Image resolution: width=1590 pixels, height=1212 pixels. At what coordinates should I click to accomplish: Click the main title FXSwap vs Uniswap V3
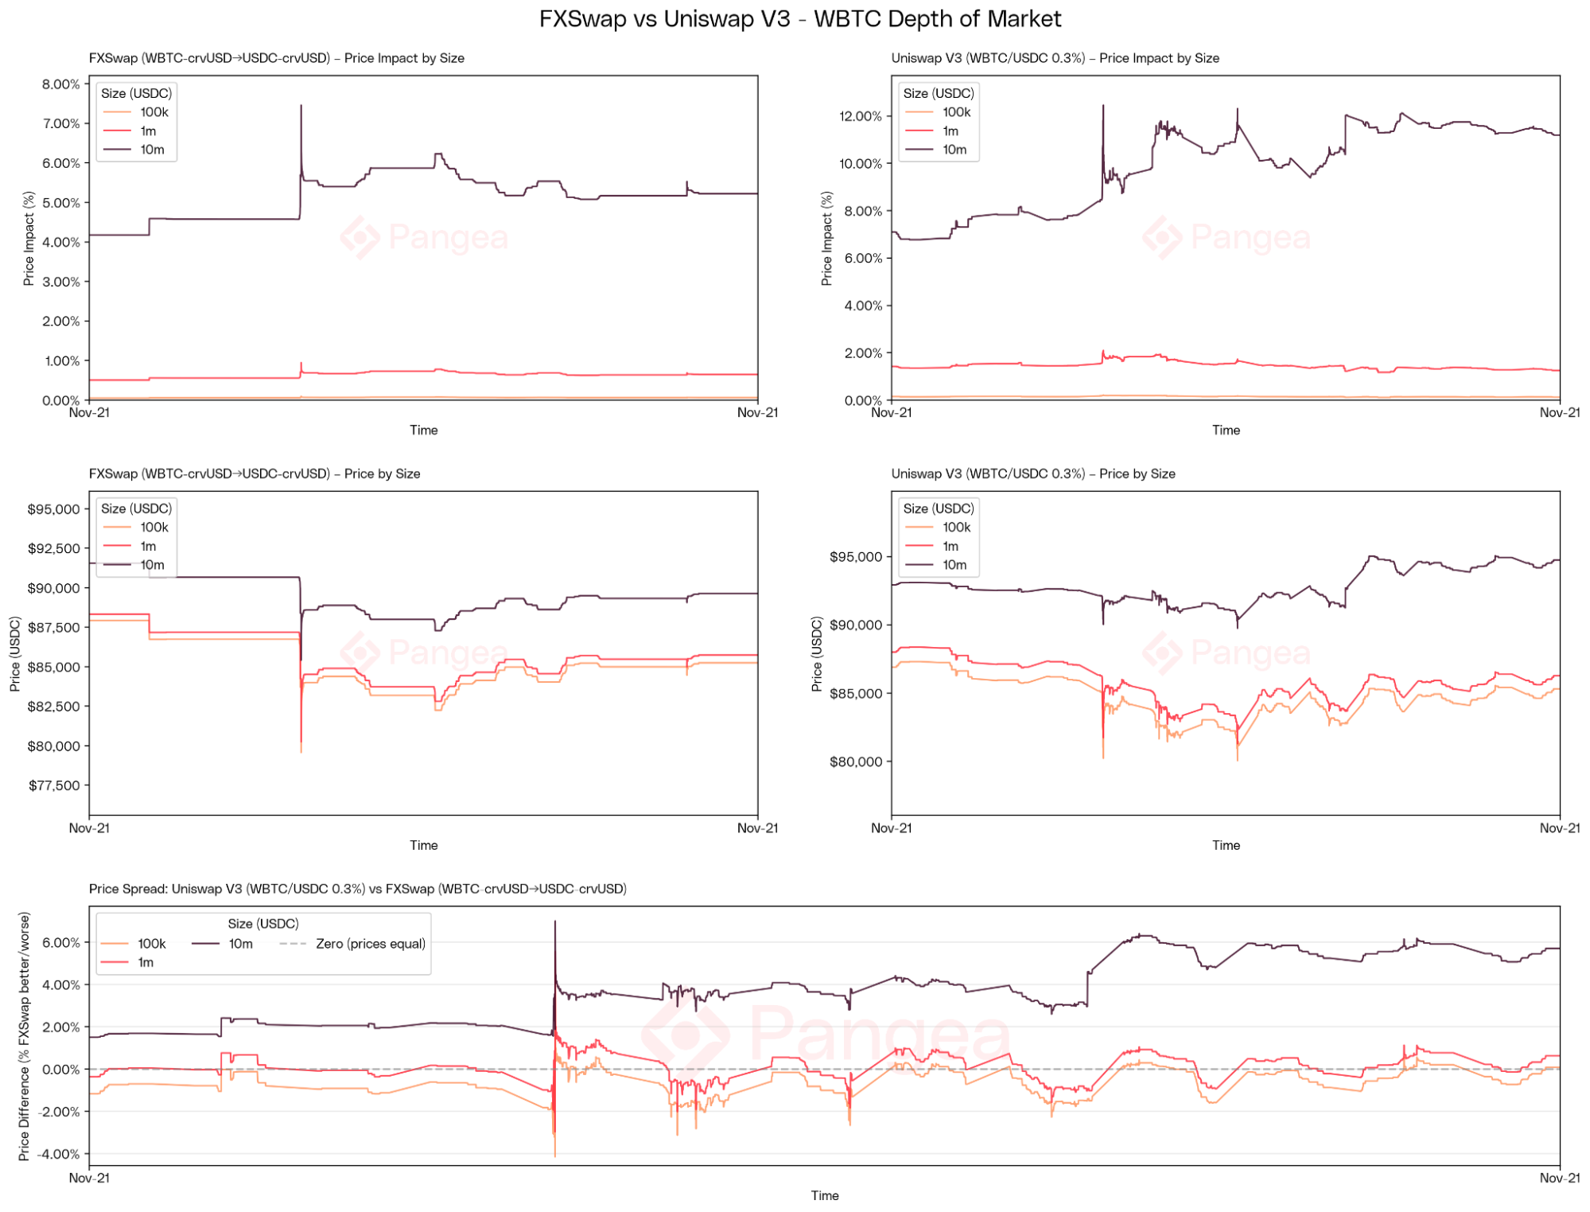(x=799, y=19)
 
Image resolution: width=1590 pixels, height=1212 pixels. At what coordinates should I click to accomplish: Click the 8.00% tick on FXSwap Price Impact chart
(x=61, y=84)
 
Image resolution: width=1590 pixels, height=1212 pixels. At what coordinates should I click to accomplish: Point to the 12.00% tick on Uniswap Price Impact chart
(x=861, y=116)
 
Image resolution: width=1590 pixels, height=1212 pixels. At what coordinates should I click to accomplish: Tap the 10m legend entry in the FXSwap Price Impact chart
(x=151, y=150)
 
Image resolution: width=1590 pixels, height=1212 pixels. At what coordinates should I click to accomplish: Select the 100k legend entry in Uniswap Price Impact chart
(x=955, y=112)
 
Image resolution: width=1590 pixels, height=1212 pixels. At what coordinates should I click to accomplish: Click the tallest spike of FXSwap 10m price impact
(x=301, y=106)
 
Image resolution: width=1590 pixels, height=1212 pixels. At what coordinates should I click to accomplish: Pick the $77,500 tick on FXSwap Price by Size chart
(x=54, y=785)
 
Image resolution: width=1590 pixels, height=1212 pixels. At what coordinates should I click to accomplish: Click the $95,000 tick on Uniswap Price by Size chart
(x=856, y=557)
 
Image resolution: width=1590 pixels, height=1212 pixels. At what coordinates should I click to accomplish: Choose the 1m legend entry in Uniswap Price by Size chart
(x=950, y=546)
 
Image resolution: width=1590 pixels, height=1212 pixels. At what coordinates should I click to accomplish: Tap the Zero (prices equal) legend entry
(x=370, y=944)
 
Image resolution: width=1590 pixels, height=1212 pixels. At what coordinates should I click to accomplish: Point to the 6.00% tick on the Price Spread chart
(x=61, y=943)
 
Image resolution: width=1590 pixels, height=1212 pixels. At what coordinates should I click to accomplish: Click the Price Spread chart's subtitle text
(x=357, y=889)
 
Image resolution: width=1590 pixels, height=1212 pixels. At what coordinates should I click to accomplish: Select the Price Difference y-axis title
(x=25, y=1036)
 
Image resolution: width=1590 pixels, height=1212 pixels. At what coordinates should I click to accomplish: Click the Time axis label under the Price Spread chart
(x=825, y=1195)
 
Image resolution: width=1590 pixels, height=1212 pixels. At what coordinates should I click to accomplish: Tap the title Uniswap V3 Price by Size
(x=1032, y=473)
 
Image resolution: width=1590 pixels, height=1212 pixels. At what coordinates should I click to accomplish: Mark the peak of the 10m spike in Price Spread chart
(x=555, y=922)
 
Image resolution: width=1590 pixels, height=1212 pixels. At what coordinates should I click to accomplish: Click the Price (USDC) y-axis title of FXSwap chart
(x=16, y=653)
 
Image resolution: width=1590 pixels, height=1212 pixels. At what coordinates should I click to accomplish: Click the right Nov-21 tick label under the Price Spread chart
(x=1559, y=1178)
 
